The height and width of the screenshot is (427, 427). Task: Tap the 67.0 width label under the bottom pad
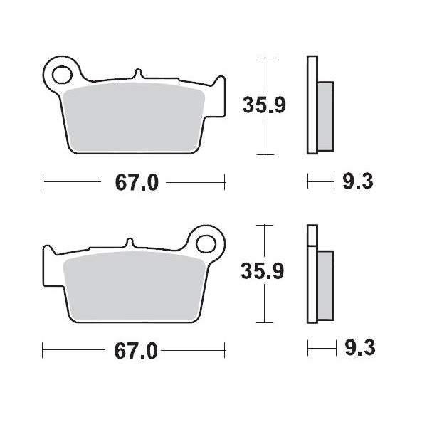136,350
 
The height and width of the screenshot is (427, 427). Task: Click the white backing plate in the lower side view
311,274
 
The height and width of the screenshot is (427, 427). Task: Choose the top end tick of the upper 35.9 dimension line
266,58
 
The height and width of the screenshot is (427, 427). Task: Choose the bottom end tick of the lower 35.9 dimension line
266,321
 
